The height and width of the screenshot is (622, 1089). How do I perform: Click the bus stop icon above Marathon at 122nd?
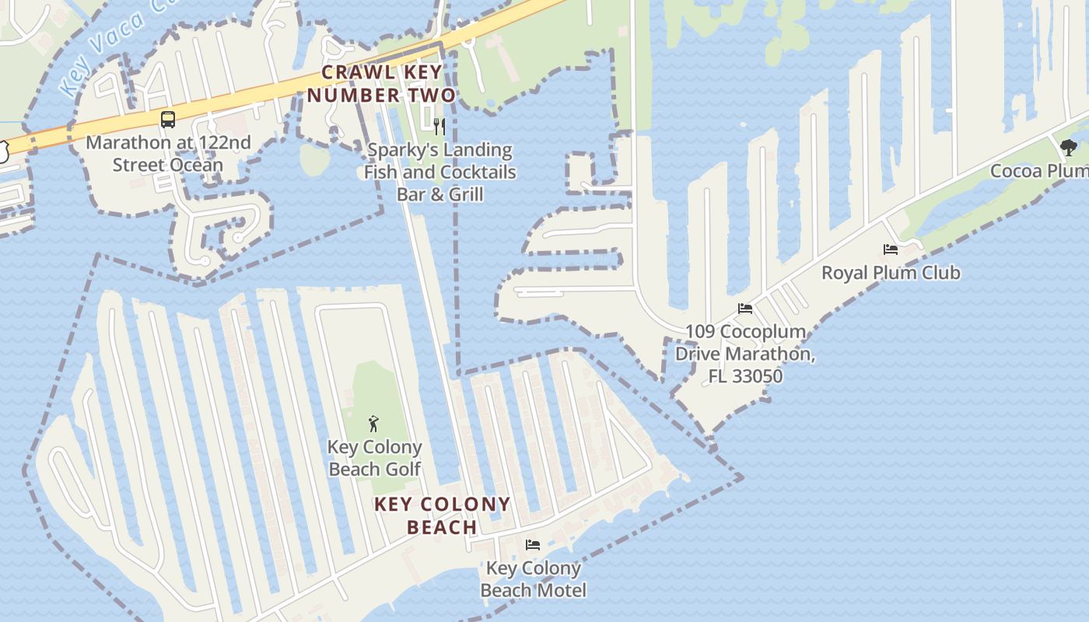[167, 120]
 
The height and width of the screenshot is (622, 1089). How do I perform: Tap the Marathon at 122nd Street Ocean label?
[168, 153]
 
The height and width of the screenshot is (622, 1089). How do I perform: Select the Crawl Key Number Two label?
[381, 84]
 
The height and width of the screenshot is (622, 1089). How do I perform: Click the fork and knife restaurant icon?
[439, 126]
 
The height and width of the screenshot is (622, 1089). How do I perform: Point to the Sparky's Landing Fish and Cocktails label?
[440, 172]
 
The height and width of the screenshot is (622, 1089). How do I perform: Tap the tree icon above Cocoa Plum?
[1068, 147]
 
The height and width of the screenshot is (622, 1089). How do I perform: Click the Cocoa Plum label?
[1038, 170]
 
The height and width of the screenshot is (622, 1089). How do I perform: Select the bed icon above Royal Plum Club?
[891, 250]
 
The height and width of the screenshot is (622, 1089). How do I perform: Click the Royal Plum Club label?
[891, 273]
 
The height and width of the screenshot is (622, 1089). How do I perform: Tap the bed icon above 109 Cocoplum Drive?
[744, 309]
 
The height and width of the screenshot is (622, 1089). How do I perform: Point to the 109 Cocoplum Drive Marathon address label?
[744, 354]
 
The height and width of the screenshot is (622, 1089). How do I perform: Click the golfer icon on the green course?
[373, 424]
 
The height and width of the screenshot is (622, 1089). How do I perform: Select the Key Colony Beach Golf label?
[375, 458]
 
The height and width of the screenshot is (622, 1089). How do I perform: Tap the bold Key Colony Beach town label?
[442, 515]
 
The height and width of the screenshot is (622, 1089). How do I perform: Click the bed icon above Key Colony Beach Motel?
[532, 544]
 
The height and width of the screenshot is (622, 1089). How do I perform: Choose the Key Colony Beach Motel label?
[533, 579]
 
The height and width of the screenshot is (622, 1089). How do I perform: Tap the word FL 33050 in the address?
[744, 376]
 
